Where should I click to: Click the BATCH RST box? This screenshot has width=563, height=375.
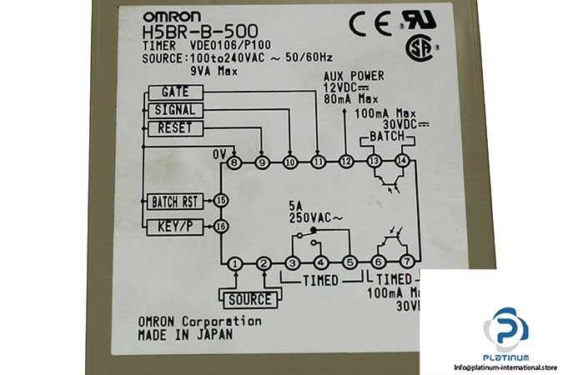click(x=176, y=201)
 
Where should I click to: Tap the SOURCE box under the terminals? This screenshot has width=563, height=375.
click(x=249, y=298)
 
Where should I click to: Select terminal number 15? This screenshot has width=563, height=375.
click(x=220, y=200)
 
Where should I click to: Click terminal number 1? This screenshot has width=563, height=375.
click(x=235, y=264)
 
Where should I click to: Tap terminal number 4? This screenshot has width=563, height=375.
click(x=321, y=264)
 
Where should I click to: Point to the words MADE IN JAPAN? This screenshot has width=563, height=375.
click(x=186, y=334)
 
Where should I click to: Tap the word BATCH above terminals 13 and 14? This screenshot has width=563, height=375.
click(x=388, y=136)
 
